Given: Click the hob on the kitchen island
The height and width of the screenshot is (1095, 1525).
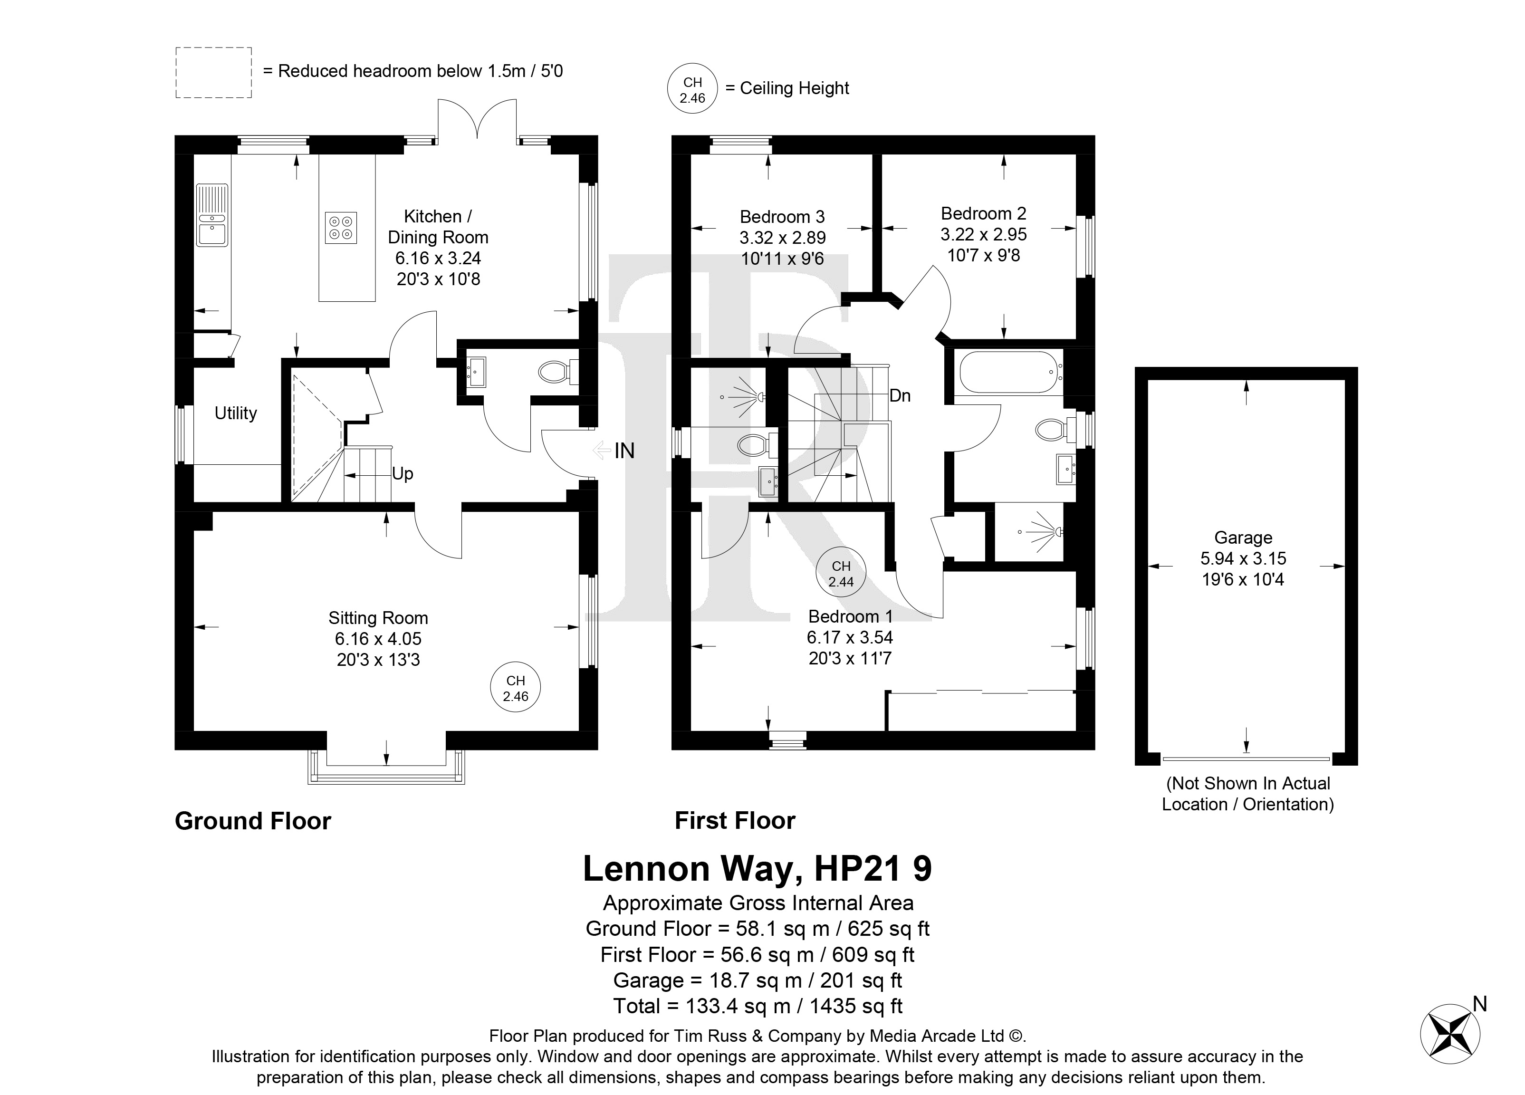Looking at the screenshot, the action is click(341, 227).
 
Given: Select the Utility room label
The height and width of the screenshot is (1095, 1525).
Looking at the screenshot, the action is click(236, 413).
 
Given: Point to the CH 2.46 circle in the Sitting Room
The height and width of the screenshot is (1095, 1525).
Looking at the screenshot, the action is click(516, 689).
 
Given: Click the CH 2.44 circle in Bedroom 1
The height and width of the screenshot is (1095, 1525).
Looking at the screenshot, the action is click(841, 574).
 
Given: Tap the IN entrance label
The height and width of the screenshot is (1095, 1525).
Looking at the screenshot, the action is click(624, 451).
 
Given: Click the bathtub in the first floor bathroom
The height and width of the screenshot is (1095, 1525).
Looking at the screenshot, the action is click(1011, 372).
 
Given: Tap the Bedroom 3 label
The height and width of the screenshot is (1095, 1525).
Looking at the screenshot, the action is click(782, 217).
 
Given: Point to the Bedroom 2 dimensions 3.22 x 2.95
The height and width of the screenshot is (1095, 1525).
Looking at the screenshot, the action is click(984, 235).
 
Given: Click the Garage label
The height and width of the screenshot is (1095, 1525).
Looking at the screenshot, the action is click(1243, 538).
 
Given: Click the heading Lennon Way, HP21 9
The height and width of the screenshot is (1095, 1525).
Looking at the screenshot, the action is click(757, 868).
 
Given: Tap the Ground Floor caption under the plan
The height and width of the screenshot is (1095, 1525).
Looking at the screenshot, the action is click(253, 821).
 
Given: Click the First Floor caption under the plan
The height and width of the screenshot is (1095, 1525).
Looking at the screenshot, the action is click(735, 821).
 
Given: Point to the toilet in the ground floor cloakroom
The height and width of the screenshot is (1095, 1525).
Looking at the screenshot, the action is click(558, 371).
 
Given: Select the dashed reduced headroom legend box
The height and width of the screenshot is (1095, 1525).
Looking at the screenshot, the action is click(214, 73).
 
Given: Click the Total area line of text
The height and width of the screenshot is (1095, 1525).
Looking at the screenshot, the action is click(758, 1006).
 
